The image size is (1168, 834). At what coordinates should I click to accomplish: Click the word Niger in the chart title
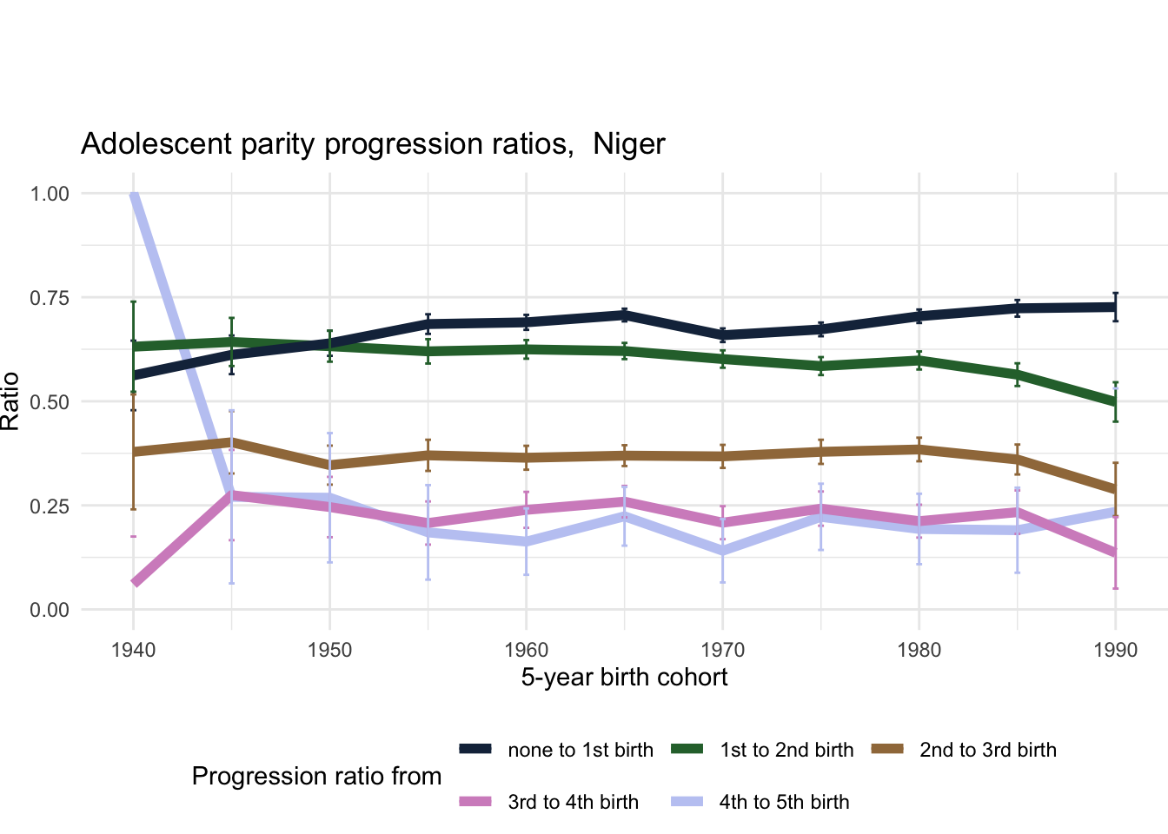(628, 144)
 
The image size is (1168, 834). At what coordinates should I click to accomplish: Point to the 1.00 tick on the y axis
(50, 194)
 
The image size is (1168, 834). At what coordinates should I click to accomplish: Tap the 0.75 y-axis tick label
(50, 298)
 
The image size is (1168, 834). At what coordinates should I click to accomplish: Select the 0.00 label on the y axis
(50, 610)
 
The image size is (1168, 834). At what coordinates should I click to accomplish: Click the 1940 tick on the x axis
(133, 651)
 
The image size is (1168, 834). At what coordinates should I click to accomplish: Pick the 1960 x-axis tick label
(526, 651)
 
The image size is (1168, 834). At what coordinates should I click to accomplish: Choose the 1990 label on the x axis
(1116, 651)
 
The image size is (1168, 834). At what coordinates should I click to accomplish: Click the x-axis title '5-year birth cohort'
(624, 678)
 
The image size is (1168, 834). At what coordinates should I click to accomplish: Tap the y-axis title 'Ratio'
(10, 401)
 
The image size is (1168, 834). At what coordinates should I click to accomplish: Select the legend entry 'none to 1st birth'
(580, 750)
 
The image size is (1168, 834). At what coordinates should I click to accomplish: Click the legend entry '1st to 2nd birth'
(786, 750)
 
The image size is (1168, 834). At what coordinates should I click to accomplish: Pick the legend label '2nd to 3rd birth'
(987, 750)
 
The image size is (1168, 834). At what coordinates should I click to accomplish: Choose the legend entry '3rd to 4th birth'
(573, 802)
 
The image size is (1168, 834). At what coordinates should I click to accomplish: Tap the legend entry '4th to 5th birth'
(784, 802)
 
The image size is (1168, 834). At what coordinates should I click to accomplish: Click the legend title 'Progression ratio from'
(316, 776)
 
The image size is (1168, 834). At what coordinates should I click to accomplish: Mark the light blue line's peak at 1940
(134, 195)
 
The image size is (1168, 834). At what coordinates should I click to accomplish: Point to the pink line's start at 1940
(135, 582)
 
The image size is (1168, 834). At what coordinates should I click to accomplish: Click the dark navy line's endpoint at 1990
(1115, 307)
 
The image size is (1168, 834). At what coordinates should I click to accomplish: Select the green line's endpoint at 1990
(1115, 403)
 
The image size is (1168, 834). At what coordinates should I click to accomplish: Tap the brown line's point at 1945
(231, 442)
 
